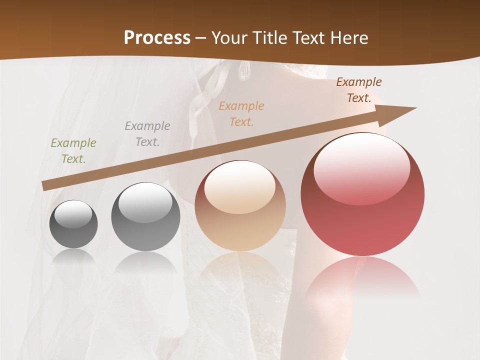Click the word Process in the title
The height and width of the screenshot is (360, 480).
[157, 38]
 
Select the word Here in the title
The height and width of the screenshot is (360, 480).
[348, 38]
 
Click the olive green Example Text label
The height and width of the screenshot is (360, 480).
[73, 151]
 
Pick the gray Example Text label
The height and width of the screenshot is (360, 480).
[147, 134]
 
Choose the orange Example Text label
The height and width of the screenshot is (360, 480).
[241, 114]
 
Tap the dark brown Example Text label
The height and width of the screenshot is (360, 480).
[359, 90]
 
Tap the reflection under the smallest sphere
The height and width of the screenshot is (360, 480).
[73, 257]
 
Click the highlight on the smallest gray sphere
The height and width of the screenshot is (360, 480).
[73, 213]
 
